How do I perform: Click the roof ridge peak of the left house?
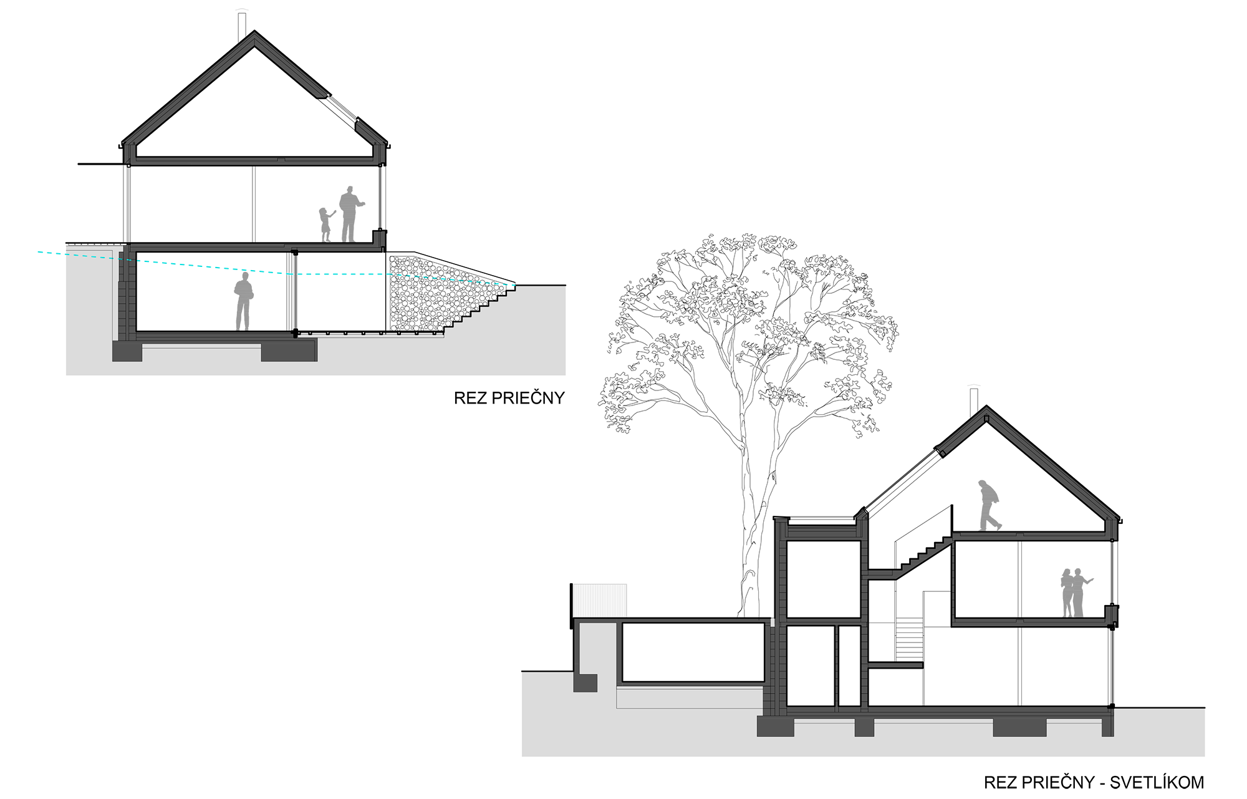pos(254,36)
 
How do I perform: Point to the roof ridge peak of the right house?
pos(986,412)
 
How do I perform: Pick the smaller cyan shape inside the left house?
pos(340,279)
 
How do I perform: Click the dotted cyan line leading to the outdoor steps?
pos(449,279)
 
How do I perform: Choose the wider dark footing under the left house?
pos(289,351)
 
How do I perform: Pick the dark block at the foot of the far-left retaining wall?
pos(585,683)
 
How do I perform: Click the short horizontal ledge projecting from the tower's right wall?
pos(895,666)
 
